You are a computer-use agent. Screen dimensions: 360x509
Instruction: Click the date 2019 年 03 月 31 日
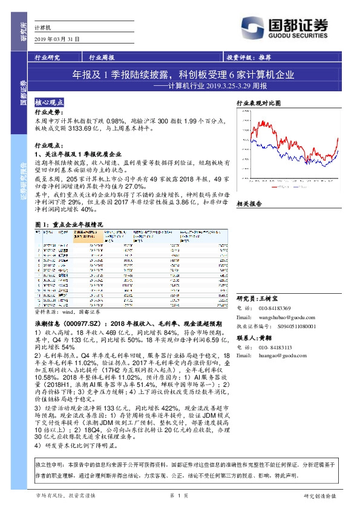tap(57, 39)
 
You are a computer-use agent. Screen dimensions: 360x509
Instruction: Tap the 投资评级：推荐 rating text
tap(249, 58)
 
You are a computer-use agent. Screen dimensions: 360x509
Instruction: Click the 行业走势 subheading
tap(48, 113)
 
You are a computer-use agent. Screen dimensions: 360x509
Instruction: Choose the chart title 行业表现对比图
tap(259, 103)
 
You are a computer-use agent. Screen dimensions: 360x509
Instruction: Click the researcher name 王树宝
tap(267, 299)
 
